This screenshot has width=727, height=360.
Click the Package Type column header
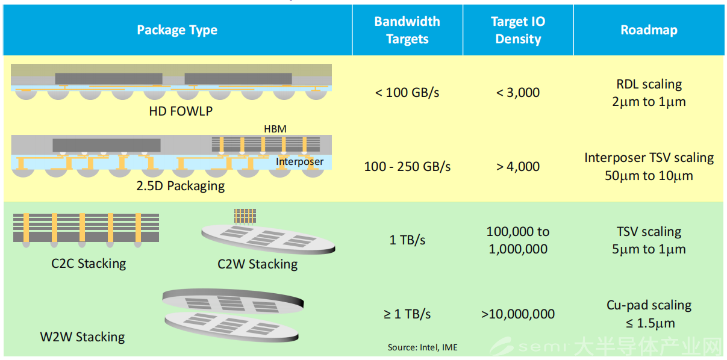click(x=177, y=30)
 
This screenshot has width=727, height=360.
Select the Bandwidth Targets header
click(x=407, y=30)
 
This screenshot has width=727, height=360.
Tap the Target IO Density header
click(x=518, y=30)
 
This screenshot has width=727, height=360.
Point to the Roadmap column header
click(x=649, y=30)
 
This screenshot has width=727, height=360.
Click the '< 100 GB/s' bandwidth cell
click(x=407, y=93)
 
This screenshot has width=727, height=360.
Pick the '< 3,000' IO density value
click(x=518, y=93)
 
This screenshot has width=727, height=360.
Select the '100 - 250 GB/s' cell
click(x=407, y=167)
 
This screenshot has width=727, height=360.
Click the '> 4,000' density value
click(x=518, y=167)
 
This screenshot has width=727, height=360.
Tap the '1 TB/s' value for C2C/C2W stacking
click(x=407, y=240)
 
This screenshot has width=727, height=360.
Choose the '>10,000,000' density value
click(x=518, y=314)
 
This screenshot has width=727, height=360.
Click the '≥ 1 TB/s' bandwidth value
click(x=407, y=314)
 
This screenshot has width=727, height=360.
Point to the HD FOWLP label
click(x=181, y=111)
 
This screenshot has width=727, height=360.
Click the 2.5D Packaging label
click(x=181, y=186)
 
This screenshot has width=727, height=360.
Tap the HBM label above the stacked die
click(x=275, y=129)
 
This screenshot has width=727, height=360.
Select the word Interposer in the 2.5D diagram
click(x=299, y=161)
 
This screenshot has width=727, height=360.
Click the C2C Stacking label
click(x=89, y=264)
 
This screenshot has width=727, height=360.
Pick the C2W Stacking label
click(x=257, y=264)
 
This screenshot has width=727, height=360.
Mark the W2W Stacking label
click(x=83, y=337)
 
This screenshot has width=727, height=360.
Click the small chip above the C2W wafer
click(x=245, y=217)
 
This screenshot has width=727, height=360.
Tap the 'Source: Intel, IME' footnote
click(x=423, y=347)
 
